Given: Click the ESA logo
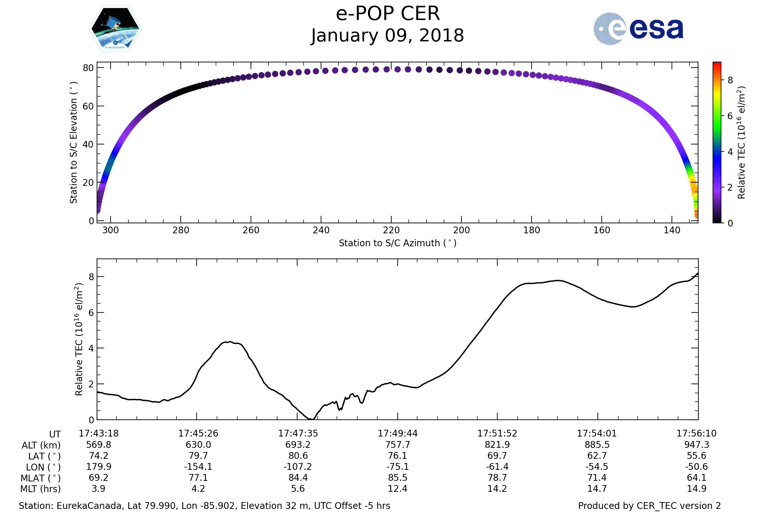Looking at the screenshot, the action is pyautogui.click(x=638, y=29).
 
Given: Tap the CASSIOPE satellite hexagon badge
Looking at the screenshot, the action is pyautogui.click(x=115, y=29).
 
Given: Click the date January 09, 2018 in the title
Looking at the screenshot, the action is pyautogui.click(x=388, y=36).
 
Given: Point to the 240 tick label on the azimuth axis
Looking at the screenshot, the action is pyautogui.click(x=321, y=230).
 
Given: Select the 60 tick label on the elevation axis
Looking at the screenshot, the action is pyautogui.click(x=88, y=106).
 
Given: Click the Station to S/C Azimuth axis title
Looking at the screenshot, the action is pyautogui.click(x=398, y=243).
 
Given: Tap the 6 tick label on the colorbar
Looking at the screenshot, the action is pyautogui.click(x=730, y=116).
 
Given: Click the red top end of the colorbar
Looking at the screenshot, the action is pyautogui.click(x=717, y=63).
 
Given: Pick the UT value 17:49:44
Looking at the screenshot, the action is pyautogui.click(x=398, y=434).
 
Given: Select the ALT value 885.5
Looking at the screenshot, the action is pyautogui.click(x=597, y=445).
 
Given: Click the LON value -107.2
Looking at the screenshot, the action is pyautogui.click(x=297, y=467).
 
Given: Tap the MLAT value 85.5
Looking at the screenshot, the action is pyautogui.click(x=398, y=478).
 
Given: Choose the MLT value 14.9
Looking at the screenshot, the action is pyautogui.click(x=696, y=489).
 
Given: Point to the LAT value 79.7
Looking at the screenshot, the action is pyautogui.click(x=198, y=456).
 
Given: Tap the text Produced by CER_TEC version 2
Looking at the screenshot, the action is pyautogui.click(x=649, y=506).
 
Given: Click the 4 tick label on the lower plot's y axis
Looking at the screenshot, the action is pyautogui.click(x=91, y=348).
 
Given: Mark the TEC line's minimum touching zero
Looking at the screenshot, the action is pyautogui.click(x=311, y=419).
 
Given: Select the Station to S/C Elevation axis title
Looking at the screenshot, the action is pyautogui.click(x=74, y=142).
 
